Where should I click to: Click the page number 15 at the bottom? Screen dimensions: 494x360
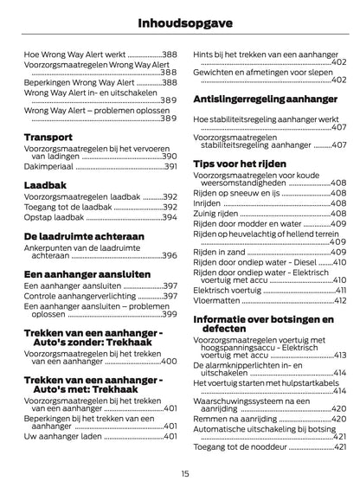tap(185, 473)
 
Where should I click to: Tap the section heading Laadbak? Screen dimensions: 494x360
tap(44, 184)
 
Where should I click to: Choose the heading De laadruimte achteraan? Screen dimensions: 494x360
tap(84, 234)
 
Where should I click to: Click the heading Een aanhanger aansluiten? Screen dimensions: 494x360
tap(86, 273)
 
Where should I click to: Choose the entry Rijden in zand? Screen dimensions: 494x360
tap(222, 251)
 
